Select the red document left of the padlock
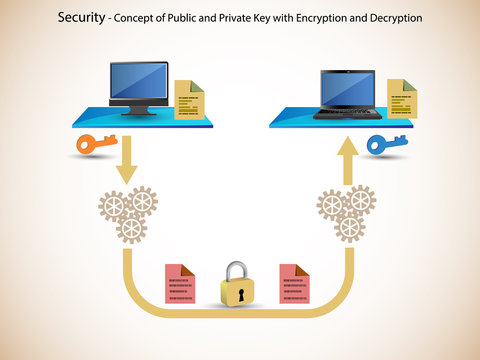179,285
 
